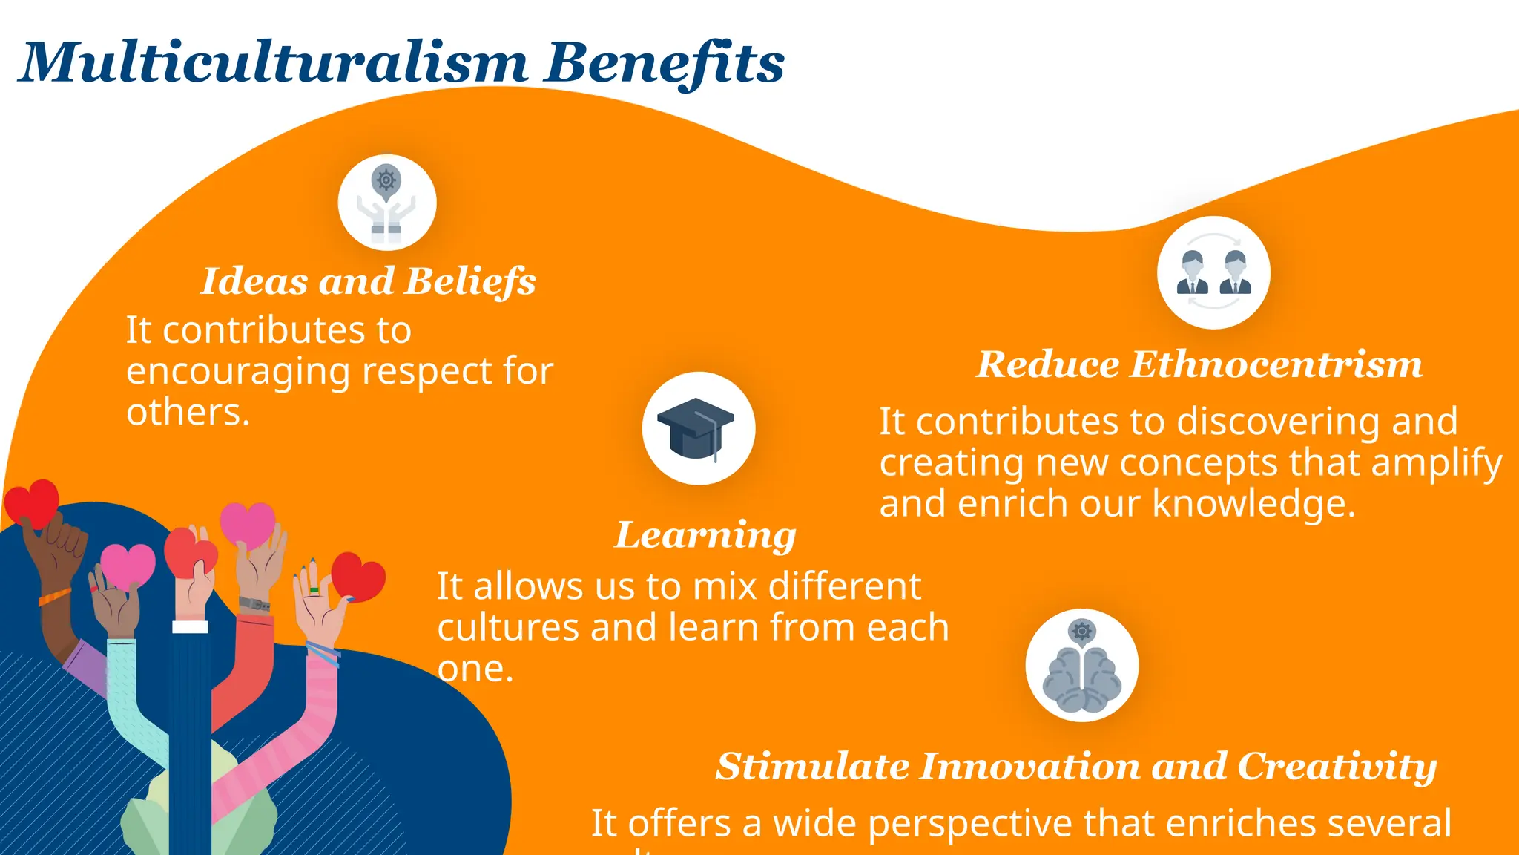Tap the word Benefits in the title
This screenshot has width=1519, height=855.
tap(663, 62)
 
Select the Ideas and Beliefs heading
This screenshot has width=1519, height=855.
tap(368, 281)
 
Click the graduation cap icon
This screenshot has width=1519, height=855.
tap(697, 429)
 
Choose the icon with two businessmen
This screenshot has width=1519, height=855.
tap(1213, 273)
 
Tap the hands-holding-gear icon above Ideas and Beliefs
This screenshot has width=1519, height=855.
tap(386, 203)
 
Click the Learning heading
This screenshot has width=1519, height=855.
tap(705, 535)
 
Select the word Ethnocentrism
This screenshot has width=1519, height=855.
tap(1276, 364)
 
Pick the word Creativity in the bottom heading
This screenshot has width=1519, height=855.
tap(1337, 766)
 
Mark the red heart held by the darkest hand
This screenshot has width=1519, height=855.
tap(31, 502)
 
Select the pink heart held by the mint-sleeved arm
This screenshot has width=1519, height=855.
tap(128, 566)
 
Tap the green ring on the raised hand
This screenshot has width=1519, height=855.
tap(314, 590)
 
